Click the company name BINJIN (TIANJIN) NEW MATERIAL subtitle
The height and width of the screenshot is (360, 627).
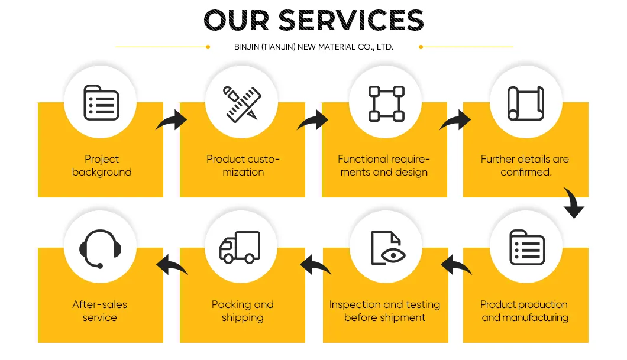tap(313, 47)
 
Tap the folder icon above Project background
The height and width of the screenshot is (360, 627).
tap(101, 103)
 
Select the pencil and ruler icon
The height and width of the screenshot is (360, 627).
tap(242, 103)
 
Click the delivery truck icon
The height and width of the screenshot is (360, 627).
tap(240, 247)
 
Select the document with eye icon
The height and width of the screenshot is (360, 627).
tap(386, 248)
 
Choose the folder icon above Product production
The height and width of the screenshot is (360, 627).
tap(526, 248)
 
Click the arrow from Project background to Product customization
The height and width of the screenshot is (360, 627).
tap(172, 122)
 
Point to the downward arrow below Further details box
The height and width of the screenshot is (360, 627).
tap(573, 203)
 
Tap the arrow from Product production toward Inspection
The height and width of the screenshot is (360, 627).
tap(456, 265)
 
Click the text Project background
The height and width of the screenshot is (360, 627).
tap(102, 166)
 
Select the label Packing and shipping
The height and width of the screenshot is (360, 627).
tap(243, 311)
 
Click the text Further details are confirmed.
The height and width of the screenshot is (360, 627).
tap(525, 166)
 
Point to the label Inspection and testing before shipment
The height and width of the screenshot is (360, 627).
tap(384, 311)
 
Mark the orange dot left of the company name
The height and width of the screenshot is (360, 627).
tap(208, 47)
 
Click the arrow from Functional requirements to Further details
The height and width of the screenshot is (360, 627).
tap(455, 122)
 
